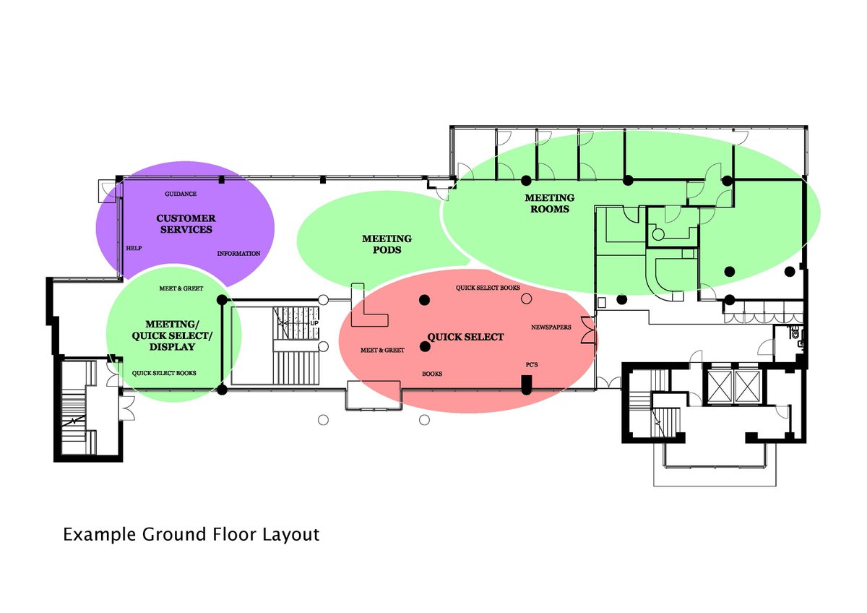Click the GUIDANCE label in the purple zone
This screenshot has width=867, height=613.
[x=181, y=194]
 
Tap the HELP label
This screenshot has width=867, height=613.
[x=134, y=248]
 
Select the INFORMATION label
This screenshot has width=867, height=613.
[x=238, y=254]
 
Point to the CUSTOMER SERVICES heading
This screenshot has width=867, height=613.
[x=186, y=224]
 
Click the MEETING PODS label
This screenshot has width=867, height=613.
[x=387, y=244]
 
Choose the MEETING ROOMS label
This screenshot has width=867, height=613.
[x=550, y=203]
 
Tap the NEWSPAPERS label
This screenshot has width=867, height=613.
[x=551, y=327]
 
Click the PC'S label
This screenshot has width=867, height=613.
[x=532, y=365]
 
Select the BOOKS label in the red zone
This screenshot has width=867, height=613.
[x=432, y=374]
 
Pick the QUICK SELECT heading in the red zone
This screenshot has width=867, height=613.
[x=465, y=337]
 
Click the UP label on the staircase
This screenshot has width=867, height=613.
[x=314, y=323]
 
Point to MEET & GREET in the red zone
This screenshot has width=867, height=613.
[x=382, y=350]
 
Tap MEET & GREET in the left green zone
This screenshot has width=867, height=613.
[x=181, y=288]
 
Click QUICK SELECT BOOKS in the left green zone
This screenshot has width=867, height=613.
[x=164, y=373]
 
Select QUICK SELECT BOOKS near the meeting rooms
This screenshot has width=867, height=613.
[x=488, y=288]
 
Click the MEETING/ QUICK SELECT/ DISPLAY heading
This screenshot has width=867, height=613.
[x=172, y=335]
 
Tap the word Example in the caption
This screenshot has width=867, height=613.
[x=100, y=535]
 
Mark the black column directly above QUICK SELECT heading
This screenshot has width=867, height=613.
[x=425, y=300]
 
